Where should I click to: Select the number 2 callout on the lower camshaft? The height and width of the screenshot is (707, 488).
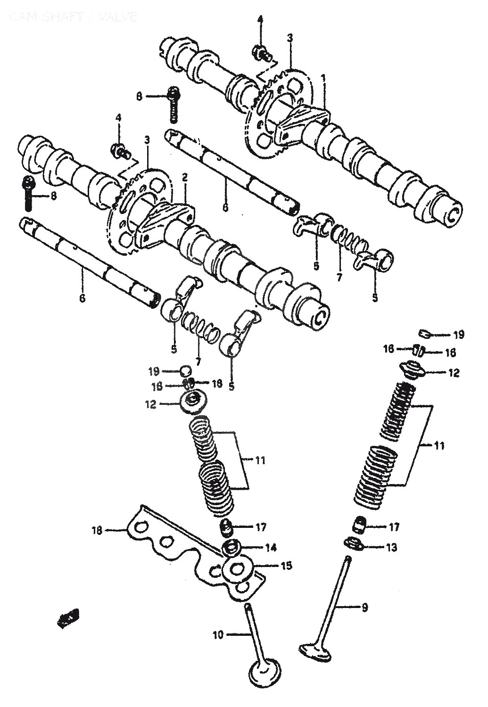click(185, 177)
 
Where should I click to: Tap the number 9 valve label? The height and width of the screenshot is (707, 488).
click(364, 608)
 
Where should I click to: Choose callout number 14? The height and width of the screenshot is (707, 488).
click(271, 548)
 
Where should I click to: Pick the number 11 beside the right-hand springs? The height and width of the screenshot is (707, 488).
click(439, 445)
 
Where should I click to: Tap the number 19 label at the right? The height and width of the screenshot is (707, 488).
click(458, 335)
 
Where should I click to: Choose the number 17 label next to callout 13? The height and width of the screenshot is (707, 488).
click(394, 527)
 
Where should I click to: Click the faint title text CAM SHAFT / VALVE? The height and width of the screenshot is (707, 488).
click(73, 17)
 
